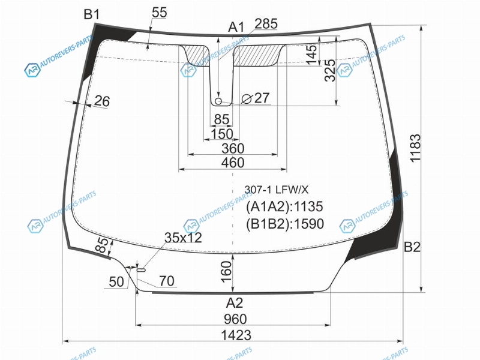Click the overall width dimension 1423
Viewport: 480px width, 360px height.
[x=236, y=335]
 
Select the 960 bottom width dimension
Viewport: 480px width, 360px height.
[x=235, y=319]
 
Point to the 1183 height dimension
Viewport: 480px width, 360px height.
[x=415, y=148]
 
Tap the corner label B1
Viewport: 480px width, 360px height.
[x=92, y=14]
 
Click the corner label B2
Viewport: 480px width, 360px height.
[x=412, y=247]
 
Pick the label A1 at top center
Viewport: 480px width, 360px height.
[x=236, y=27]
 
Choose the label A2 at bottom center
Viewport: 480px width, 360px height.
[x=235, y=303]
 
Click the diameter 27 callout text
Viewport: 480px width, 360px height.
[x=256, y=98]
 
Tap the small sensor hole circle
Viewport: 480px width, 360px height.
[x=218, y=101]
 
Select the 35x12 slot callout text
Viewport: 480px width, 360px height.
[x=183, y=238]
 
